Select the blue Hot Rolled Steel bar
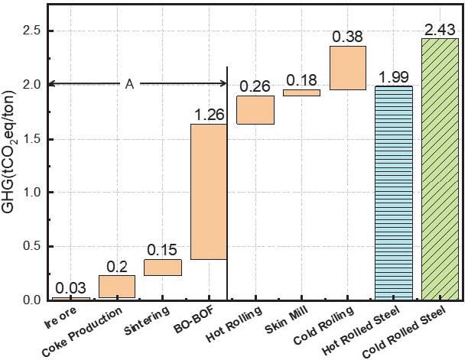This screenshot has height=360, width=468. tap(394, 193)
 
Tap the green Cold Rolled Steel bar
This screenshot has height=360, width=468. tap(440, 169)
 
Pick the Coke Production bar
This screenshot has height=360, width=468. tap(117, 287)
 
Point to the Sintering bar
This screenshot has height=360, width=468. tap(163, 268)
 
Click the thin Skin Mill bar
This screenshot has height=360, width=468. tap(301, 92)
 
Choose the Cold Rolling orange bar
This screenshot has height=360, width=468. tap(347, 68)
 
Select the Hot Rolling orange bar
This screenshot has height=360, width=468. tap(255, 110)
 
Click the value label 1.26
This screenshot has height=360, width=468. tap(209, 115)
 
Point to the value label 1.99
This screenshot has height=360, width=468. tap(394, 76)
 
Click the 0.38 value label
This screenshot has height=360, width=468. tap(347, 37)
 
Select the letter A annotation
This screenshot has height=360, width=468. tap(129, 83)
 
